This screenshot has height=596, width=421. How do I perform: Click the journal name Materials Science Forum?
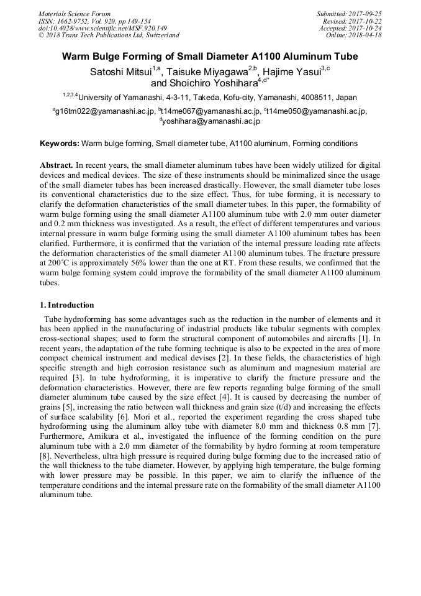tap(75, 13)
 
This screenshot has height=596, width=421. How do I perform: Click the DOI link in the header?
tap(102, 28)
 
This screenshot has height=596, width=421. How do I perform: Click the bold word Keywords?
tap(59, 144)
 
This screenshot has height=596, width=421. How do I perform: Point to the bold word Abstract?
tap(57, 166)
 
